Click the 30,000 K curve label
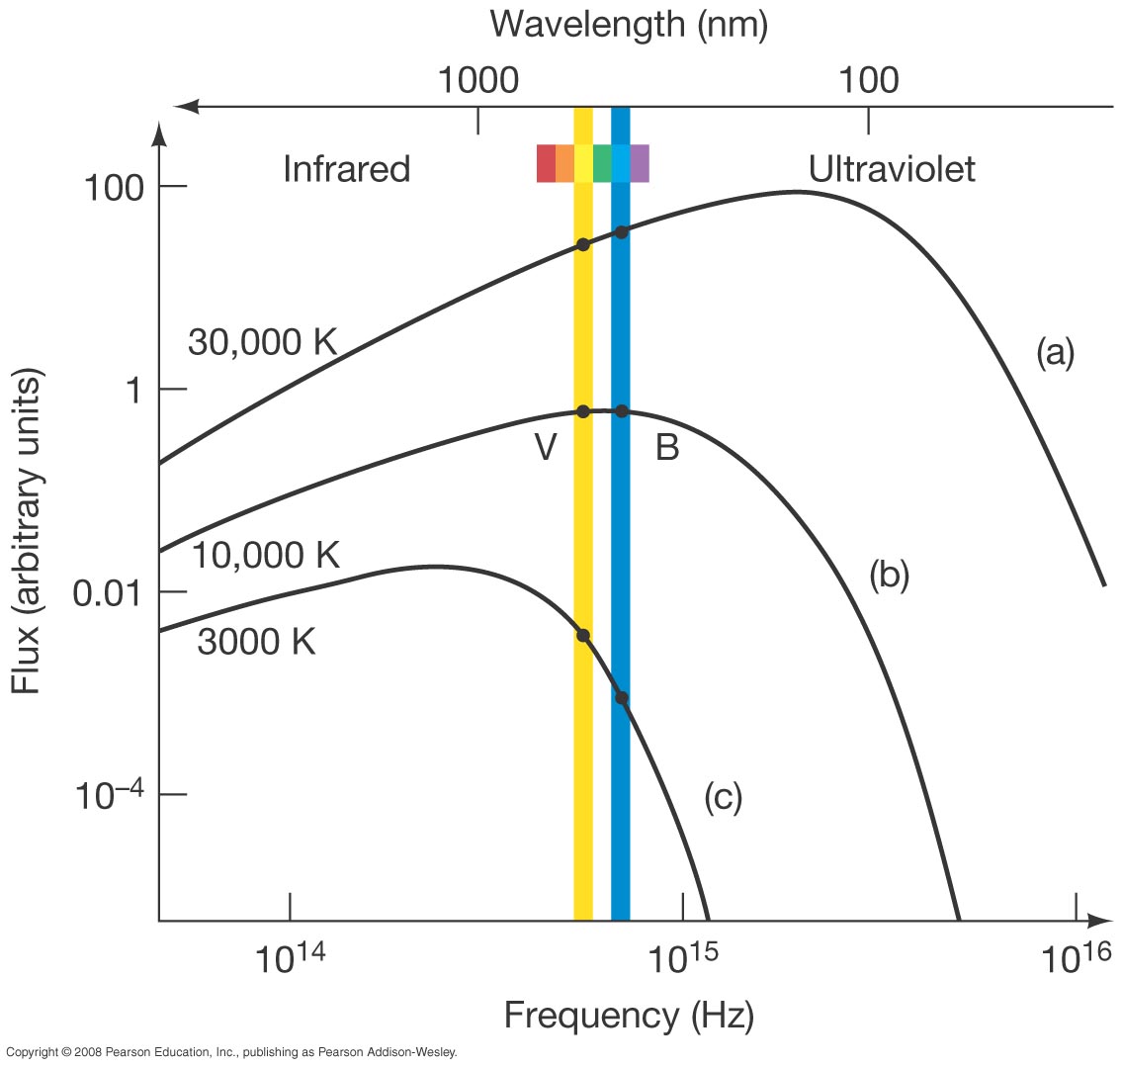tap(263, 343)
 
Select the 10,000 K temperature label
tap(265, 556)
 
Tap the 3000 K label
tap(256, 642)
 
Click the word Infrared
tap(346, 169)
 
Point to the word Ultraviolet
tap(892, 169)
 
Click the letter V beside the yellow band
tap(546, 449)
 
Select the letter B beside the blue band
tap(667, 449)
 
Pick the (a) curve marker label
tap(1054, 352)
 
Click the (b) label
tap(889, 575)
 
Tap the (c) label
tap(723, 797)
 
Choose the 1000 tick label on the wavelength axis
tap(479, 79)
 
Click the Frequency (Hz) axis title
tap(629, 1016)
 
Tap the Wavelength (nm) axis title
tap(629, 24)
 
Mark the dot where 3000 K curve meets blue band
tap(621, 697)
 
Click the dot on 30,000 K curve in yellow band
tap(583, 244)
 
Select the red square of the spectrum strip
tap(546, 163)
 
